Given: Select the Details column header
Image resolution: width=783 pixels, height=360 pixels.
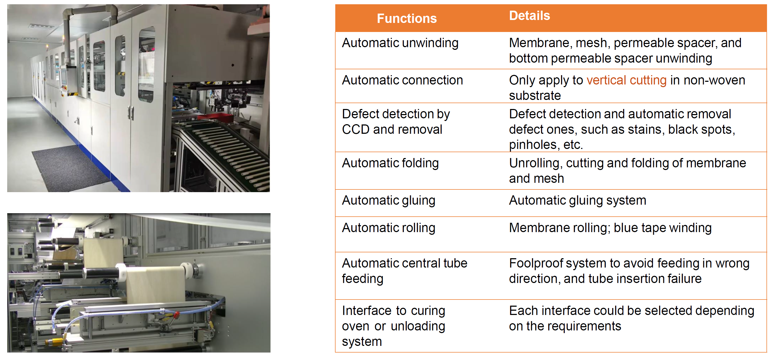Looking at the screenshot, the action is tap(530, 16).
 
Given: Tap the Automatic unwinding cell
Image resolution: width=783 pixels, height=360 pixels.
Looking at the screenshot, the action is tap(400, 43).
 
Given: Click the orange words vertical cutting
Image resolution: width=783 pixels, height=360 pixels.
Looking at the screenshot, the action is tap(627, 80).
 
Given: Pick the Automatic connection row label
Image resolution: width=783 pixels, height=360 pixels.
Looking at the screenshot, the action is tap(402, 80).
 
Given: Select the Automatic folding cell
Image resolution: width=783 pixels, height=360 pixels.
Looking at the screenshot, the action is tap(390, 163).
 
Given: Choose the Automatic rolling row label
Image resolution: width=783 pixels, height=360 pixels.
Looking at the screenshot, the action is tap(389, 228).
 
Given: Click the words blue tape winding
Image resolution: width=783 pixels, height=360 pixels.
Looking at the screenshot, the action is tap(663, 228).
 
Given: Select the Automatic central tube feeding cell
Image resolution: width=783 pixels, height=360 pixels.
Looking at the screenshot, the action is tap(405, 271).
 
